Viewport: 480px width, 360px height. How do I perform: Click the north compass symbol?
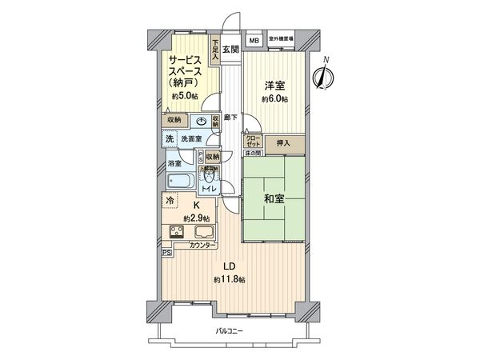324,77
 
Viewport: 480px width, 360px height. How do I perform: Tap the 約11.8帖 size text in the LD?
229,279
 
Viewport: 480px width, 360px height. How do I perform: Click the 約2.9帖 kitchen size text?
196,218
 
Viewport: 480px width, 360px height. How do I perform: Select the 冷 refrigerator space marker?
170,202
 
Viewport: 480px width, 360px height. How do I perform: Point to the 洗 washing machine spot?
169,139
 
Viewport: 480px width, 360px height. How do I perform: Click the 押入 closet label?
284,144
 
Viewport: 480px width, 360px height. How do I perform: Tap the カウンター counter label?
203,246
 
